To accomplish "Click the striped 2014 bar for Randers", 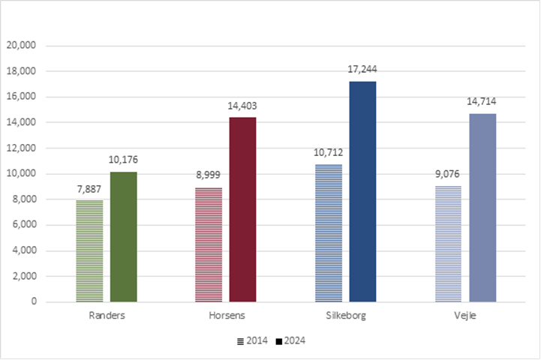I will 89,250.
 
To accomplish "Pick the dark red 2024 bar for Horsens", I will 242,209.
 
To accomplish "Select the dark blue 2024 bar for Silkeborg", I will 362,191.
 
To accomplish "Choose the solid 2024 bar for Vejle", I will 482,207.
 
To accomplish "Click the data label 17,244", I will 362,68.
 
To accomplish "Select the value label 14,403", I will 242,105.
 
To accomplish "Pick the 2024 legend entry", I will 291,340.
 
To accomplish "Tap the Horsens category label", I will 226,316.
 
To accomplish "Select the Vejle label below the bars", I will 464,316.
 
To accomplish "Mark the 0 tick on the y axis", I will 35,301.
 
